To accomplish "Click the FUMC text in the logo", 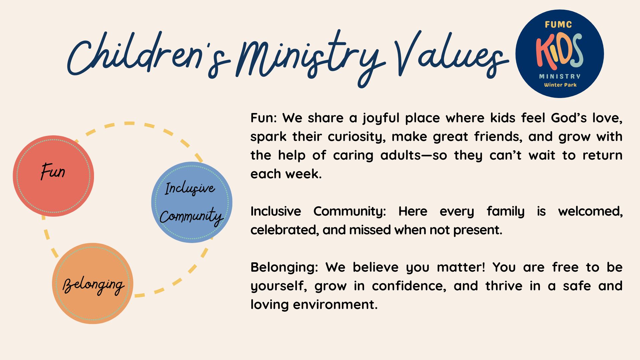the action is coord(558,25).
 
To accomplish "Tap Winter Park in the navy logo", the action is coord(560,85).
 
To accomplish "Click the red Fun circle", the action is coord(53,176).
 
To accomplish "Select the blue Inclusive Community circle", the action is coord(192,202).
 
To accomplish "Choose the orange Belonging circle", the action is coord(93,283).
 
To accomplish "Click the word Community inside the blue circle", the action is coord(191,217).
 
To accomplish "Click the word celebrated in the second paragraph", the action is coord(284,230).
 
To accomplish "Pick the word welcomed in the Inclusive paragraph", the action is coord(590,211).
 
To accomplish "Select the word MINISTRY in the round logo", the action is coord(560,76).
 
